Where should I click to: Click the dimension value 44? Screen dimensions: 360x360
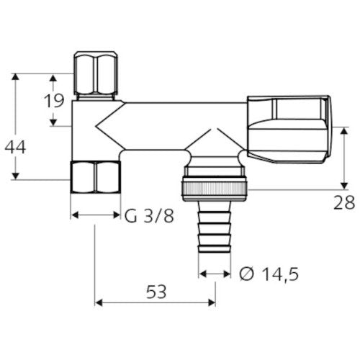point(15,147)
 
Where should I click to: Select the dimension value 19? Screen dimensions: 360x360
point(54,101)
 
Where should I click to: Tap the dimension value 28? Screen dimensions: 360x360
point(344,203)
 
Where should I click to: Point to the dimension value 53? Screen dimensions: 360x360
point(156,292)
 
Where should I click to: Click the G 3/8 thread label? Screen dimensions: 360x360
point(149,216)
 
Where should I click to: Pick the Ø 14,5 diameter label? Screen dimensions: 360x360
point(269,274)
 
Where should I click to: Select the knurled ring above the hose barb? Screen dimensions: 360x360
point(214,189)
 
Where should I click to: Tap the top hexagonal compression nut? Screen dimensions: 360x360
point(95,73)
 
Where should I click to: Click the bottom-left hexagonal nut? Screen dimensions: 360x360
point(96,177)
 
